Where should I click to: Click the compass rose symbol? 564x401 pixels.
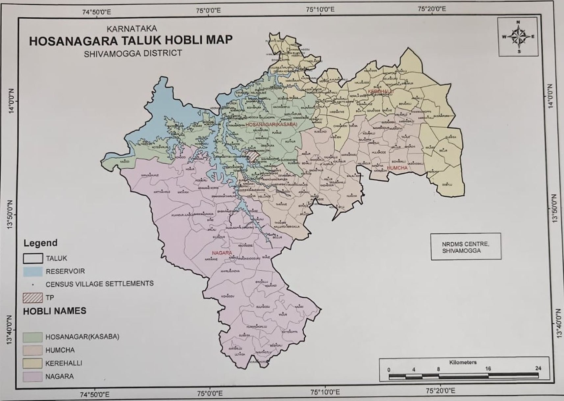[518, 37]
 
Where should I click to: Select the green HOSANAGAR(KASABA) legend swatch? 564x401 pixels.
[33, 337]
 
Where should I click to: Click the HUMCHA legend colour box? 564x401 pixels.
[33, 350]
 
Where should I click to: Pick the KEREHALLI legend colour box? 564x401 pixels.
[33, 363]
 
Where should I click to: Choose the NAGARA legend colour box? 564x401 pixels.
[33, 377]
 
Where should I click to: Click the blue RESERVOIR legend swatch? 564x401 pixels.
[33, 271]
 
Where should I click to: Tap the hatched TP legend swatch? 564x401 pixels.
[33, 298]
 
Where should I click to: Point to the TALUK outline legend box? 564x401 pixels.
[33, 258]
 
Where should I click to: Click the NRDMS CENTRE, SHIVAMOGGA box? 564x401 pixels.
[466, 247]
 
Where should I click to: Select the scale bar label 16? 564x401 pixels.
[488, 369]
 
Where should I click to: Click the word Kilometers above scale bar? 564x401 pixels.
[463, 362]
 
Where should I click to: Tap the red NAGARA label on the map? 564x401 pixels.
[222, 253]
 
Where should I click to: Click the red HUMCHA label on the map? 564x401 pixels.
[397, 168]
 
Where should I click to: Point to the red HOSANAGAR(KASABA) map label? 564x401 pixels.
[271, 124]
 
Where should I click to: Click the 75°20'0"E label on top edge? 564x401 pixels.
[432, 9]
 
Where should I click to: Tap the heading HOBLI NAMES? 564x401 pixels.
[55, 311]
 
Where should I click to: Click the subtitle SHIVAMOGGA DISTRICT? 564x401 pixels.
[133, 54]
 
